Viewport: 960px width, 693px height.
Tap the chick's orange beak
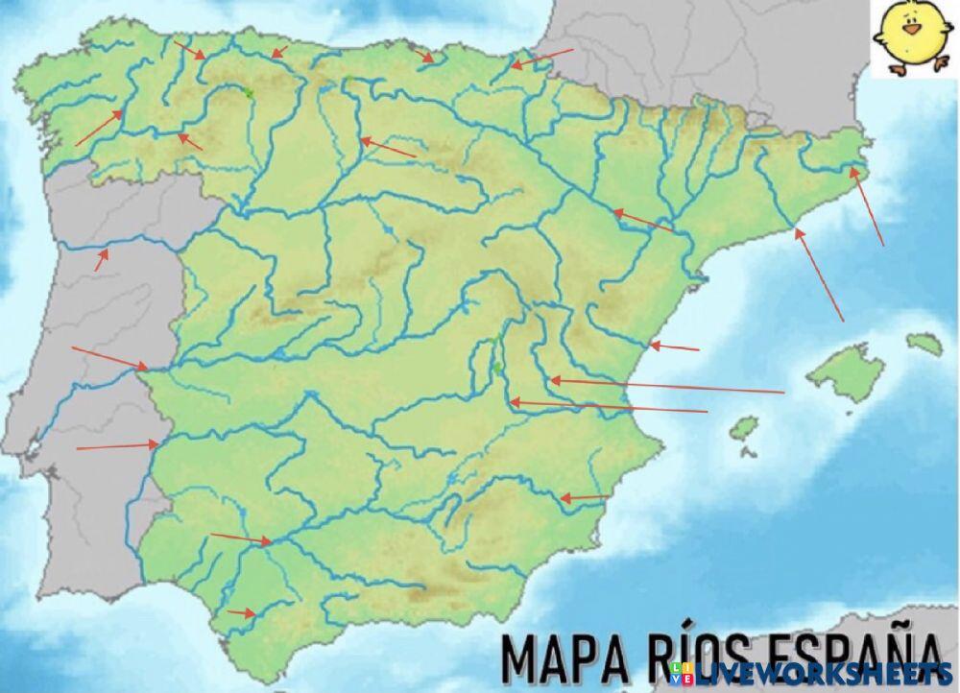(911, 30)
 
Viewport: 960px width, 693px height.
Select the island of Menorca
(924, 344)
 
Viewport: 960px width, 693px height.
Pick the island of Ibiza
(744, 429)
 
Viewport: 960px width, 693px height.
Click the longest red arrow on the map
(667, 386)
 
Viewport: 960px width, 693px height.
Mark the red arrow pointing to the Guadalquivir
(241, 538)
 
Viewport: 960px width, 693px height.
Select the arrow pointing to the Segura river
(585, 498)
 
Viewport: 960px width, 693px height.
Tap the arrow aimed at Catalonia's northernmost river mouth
(867, 207)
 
